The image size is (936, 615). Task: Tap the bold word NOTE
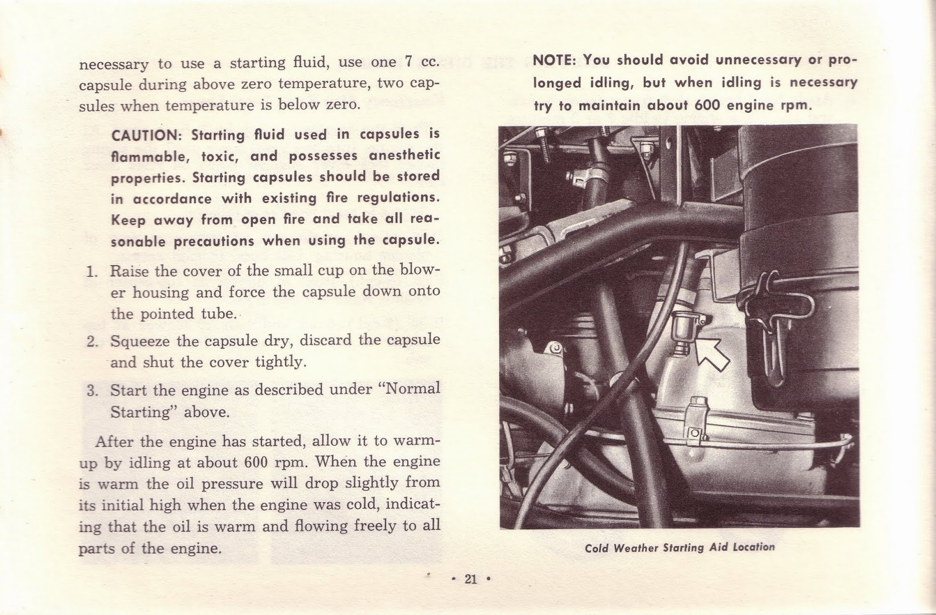[x=555, y=60]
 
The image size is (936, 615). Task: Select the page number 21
[x=471, y=579]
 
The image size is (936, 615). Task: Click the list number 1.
[x=91, y=272]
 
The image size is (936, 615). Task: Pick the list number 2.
[x=91, y=341]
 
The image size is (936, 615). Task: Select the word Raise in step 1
[x=129, y=271]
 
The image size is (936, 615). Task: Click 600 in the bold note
[x=710, y=105]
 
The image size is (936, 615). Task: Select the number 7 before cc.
[x=409, y=62]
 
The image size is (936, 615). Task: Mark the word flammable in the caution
[x=149, y=157]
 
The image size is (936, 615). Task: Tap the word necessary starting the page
[x=113, y=64]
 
